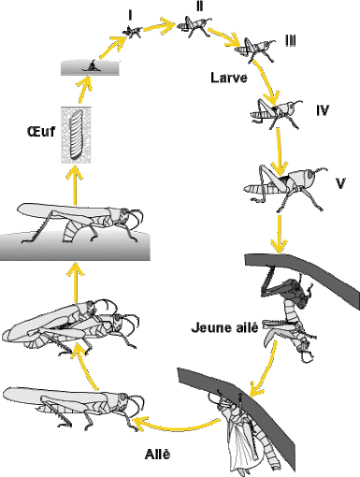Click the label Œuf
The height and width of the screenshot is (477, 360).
41,131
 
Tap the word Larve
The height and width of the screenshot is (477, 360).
229,78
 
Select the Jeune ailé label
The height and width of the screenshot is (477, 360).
224,327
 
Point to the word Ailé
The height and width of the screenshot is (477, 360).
157,454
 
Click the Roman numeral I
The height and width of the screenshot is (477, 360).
130,15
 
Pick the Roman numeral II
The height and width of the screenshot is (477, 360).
199,7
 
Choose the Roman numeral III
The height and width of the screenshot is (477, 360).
291,40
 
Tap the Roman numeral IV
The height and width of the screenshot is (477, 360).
323,110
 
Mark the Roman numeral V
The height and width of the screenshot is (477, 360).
340,183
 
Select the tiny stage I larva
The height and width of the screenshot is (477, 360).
133,32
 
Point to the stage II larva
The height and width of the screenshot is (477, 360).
194,26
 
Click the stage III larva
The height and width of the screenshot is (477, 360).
255,50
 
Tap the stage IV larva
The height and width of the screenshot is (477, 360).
276,113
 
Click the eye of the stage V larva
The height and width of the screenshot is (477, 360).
310,175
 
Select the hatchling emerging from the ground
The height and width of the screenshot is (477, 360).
92,66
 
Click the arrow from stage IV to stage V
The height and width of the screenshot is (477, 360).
279,152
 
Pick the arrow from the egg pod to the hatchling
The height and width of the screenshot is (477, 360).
83,89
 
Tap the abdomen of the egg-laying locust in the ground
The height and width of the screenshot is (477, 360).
69,232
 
